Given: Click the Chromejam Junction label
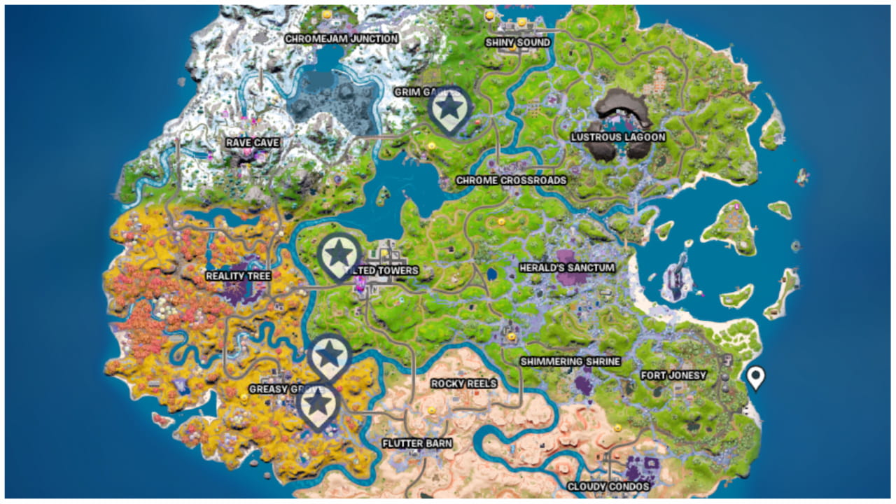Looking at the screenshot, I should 341,39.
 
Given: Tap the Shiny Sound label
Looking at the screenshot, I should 517,43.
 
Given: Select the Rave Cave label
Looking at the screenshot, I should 253,143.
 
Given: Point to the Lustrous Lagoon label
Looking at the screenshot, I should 618,137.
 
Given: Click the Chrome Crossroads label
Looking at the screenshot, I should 511,181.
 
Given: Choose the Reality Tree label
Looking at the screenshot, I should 238,276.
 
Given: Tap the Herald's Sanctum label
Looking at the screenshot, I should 567,268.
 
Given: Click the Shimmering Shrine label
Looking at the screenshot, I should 570,362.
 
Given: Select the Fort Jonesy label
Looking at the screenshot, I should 673,376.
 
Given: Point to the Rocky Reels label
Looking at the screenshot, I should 463,384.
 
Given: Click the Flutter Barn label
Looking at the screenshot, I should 417,444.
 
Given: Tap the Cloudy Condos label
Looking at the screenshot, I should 608,486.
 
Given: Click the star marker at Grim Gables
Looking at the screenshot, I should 449,108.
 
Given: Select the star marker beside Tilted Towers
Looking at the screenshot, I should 339,253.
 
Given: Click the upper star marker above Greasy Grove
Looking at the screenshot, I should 329,355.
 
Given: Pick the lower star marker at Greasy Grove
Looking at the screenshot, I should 318,403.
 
